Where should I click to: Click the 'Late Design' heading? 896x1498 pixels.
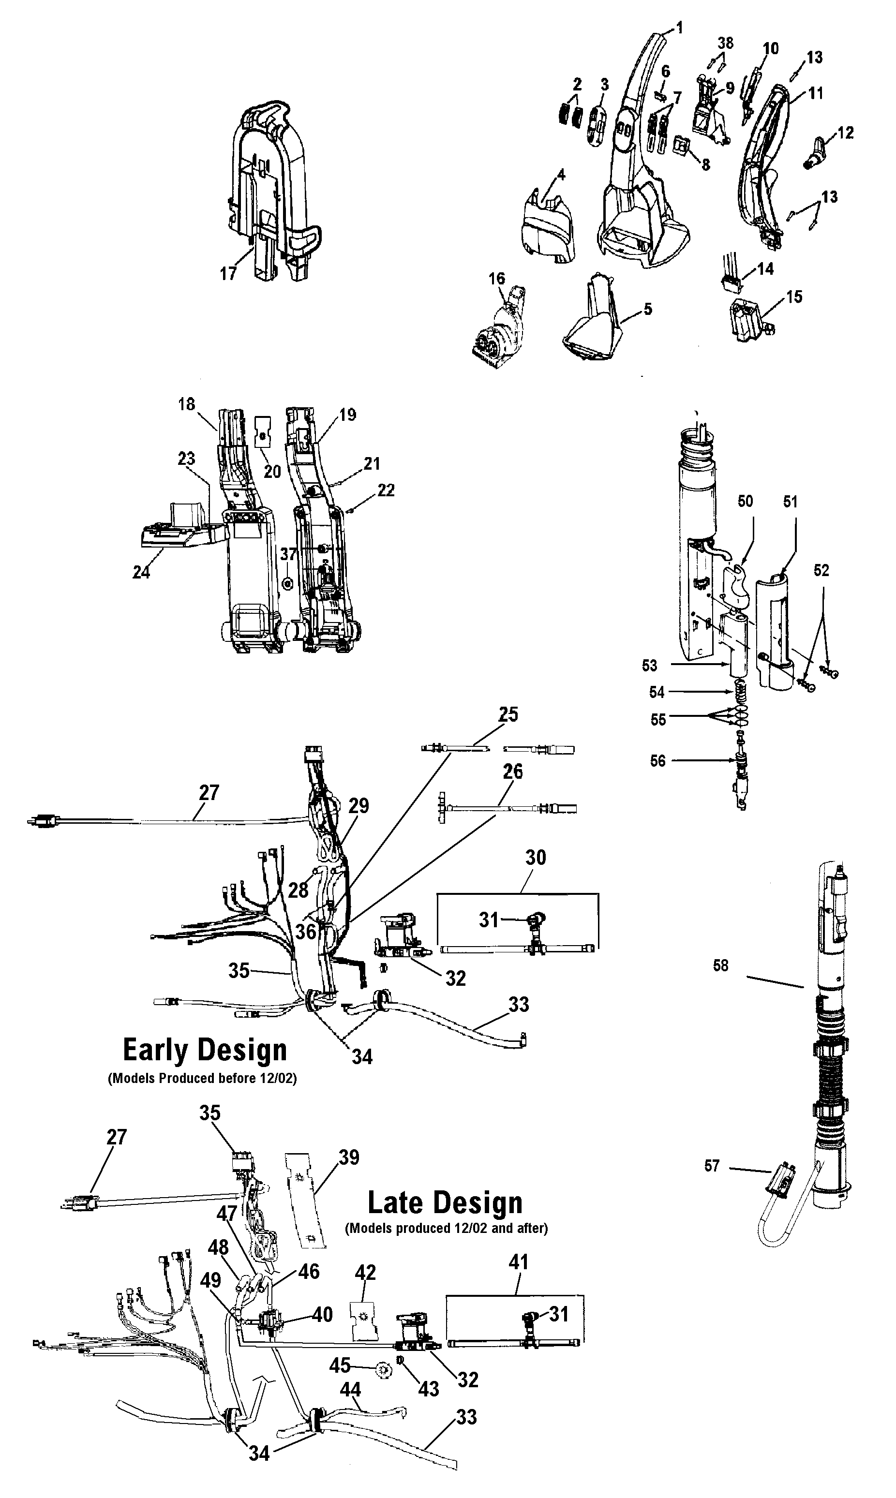tap(445, 1202)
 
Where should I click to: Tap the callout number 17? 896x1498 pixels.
tap(227, 274)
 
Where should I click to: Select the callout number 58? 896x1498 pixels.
tap(720, 965)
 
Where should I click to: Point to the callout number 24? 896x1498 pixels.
tap(141, 572)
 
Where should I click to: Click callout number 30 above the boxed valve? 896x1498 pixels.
tap(536, 858)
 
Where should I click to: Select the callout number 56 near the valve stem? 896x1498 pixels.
tap(657, 760)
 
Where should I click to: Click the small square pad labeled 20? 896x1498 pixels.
tap(263, 431)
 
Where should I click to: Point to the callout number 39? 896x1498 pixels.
tap(349, 1157)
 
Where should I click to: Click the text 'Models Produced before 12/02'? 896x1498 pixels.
tap(202, 1079)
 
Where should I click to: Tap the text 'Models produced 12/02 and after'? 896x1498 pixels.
tap(446, 1228)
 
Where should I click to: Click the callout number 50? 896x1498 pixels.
tap(745, 502)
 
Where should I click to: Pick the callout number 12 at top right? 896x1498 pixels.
tap(845, 133)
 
